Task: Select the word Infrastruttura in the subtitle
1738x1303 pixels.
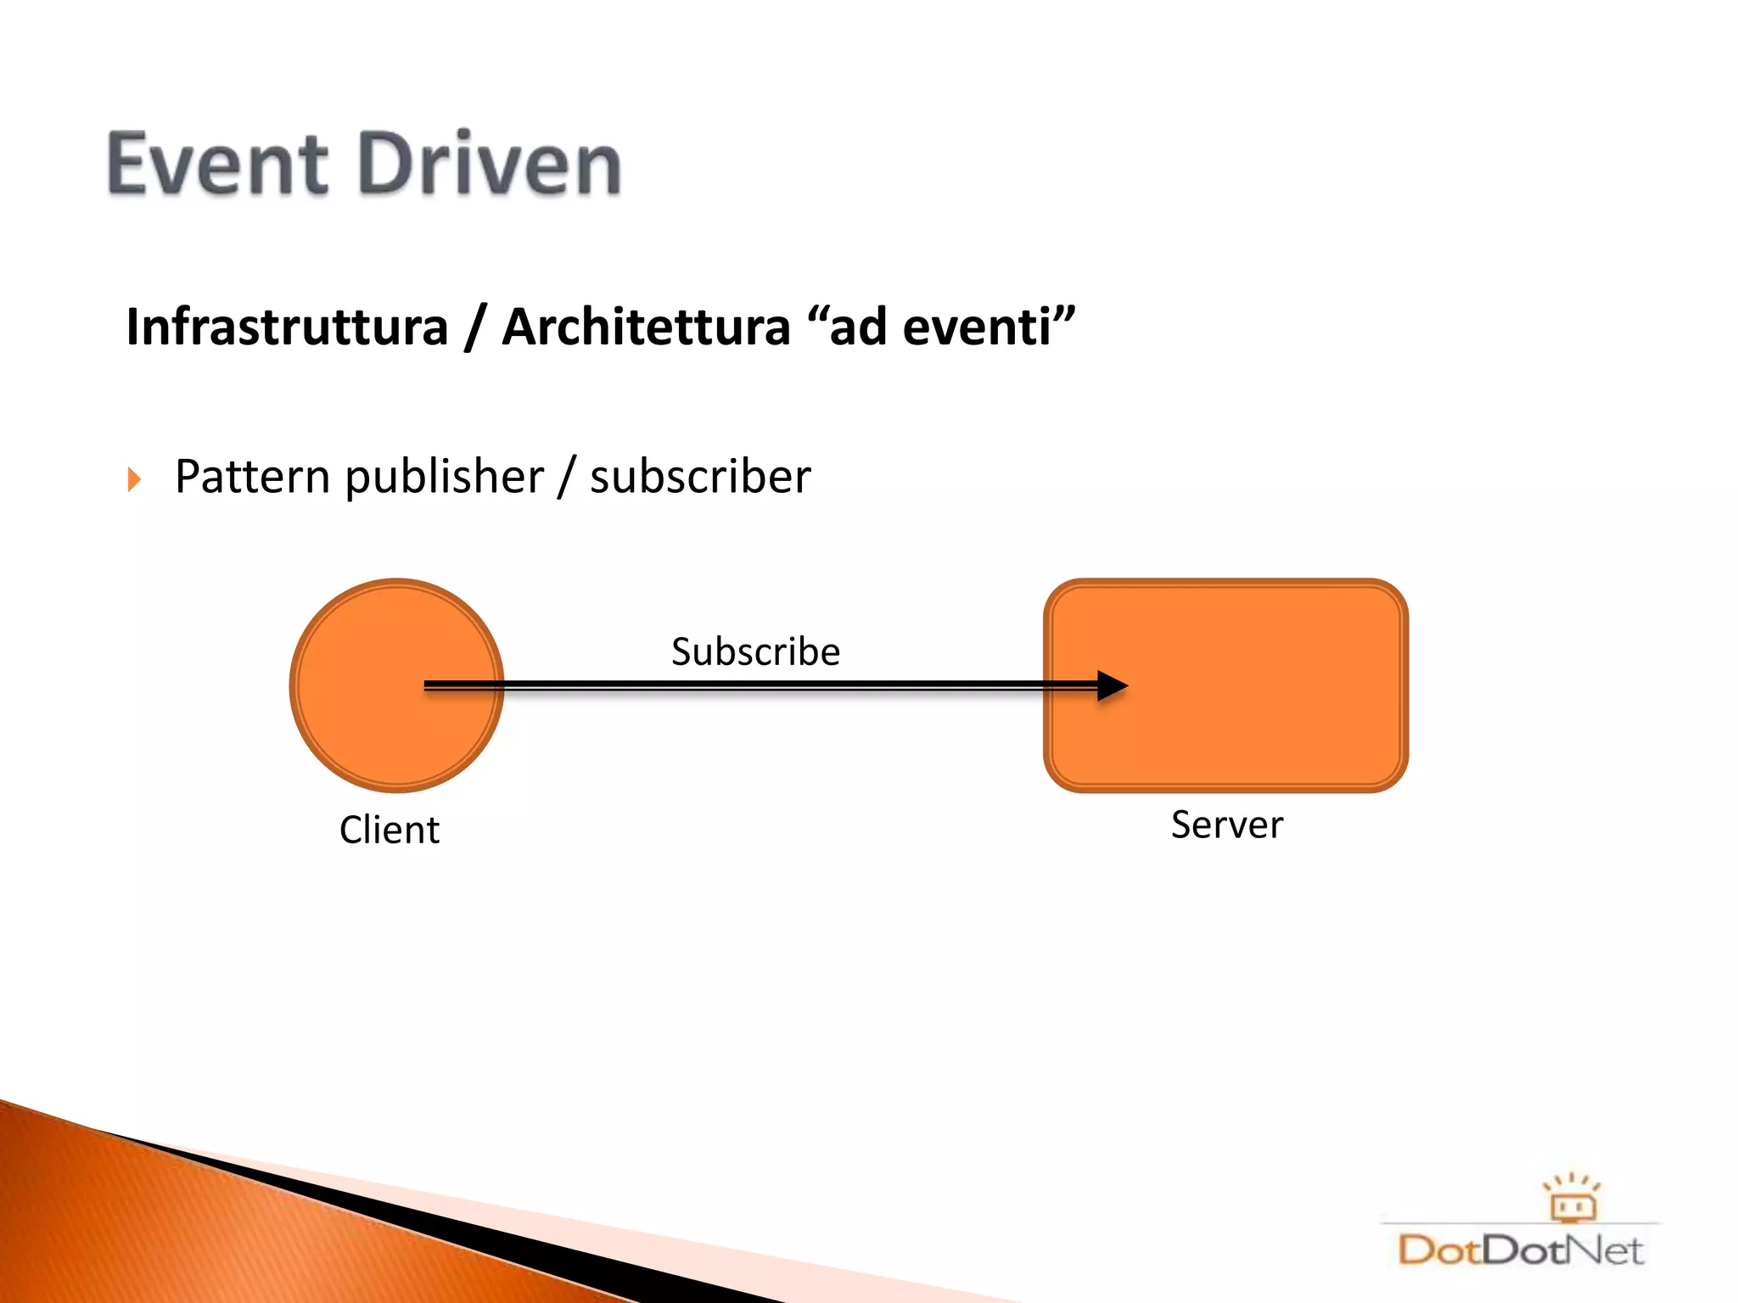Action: (287, 327)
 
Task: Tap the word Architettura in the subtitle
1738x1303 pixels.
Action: (646, 327)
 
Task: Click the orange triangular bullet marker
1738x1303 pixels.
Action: (134, 479)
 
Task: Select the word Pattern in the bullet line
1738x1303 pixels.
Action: (252, 477)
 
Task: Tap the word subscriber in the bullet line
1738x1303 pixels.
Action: (700, 477)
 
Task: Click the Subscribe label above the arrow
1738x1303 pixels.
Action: (755, 651)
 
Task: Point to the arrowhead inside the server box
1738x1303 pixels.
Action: (1111, 685)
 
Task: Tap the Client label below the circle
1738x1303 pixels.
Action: (390, 830)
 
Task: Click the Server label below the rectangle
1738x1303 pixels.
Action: (1227, 825)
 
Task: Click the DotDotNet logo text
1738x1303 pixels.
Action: (1519, 1250)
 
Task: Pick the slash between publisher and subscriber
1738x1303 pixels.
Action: (567, 477)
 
